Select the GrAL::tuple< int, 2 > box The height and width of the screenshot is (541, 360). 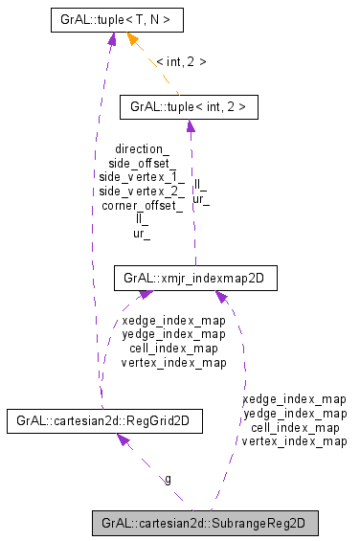[188, 107]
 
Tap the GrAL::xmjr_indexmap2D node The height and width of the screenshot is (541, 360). [194, 279]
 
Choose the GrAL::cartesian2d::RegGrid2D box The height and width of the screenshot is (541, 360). [103, 420]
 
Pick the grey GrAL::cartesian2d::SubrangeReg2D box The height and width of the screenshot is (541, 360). [203, 524]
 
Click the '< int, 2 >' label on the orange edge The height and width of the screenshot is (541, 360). [181, 61]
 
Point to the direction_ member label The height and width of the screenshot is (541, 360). [142, 150]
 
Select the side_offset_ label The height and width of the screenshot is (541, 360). [142, 164]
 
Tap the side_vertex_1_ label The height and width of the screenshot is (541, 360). [142, 177]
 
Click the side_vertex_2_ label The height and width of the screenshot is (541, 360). [142, 192]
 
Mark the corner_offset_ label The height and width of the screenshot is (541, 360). [142, 205]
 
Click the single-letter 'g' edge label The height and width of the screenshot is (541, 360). [169, 479]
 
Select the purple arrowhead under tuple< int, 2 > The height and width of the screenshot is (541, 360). [190, 127]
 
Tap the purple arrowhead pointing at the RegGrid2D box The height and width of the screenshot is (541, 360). [123, 440]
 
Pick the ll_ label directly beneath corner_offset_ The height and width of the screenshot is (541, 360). [142, 219]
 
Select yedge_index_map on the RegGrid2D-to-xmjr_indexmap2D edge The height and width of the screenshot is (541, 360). [174, 334]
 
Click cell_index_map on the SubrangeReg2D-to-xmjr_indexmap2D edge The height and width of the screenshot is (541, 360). [295, 427]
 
